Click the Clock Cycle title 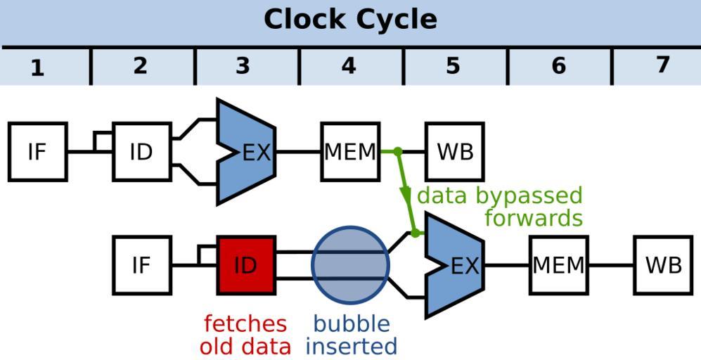(350, 19)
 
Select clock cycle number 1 (37, 67)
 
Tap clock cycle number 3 (243, 66)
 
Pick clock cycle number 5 (452, 66)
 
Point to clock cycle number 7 (662, 65)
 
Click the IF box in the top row (37, 152)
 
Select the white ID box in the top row (141, 152)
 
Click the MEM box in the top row (350, 152)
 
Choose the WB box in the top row (455, 152)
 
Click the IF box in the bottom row (141, 265)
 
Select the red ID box (245, 265)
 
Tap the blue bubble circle (350, 265)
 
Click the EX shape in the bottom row (457, 265)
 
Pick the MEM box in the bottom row (558, 265)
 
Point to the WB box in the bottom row (663, 265)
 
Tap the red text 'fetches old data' (245, 335)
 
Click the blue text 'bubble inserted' (352, 335)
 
